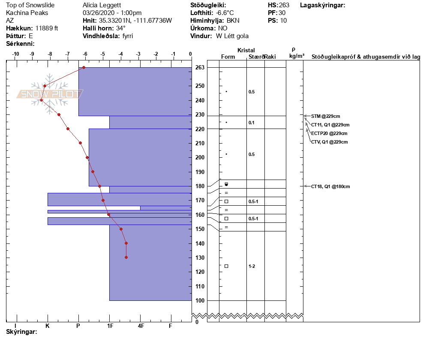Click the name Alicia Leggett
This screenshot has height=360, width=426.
pos(102,5)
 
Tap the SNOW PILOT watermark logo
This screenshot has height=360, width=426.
pos(50,94)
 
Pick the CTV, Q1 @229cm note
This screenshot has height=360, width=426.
pos(329,142)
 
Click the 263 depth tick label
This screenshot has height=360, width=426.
pos(200,68)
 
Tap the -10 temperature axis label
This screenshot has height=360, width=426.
pos(15,54)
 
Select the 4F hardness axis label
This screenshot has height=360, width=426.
pos(141,326)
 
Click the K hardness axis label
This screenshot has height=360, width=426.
pos(48,326)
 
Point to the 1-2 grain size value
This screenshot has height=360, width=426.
pos(252,266)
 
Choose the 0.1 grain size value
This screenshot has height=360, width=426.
pos(252,123)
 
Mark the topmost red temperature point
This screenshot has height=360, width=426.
pos(84,67)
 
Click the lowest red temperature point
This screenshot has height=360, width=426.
pos(126,257)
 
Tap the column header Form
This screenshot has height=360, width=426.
pos(228,57)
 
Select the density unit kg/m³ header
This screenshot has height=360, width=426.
pos(297,56)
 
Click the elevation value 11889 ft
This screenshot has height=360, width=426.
pos(47,28)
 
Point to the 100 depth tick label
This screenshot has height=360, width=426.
pos(200,300)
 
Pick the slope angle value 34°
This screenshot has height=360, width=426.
pos(121,28)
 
